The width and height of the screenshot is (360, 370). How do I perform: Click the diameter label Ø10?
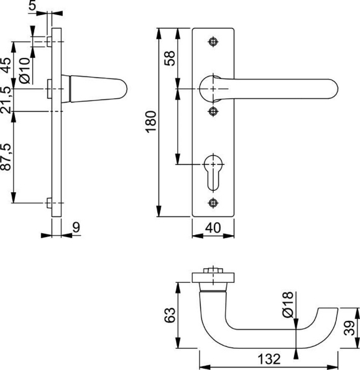pos(24,70)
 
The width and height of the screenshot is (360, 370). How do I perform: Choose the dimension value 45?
pos(6,64)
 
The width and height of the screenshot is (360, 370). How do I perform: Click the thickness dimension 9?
pos(76,228)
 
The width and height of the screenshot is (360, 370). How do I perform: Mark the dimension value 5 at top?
pos(50,6)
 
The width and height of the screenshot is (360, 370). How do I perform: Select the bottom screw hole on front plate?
pos(215,203)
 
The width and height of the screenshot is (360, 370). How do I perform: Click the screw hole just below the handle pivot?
pos(215,111)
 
